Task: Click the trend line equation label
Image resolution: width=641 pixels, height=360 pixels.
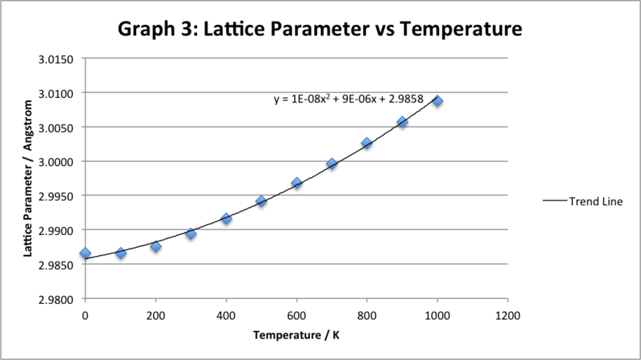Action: pyautogui.click(x=353, y=100)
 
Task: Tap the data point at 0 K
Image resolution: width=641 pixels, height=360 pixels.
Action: pyautogui.click(x=86, y=253)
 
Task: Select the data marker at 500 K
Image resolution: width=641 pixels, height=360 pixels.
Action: pyautogui.click(x=261, y=201)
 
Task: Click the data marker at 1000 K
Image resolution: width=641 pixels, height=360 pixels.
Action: pyautogui.click(x=437, y=102)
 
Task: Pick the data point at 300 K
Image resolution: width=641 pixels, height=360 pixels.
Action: pyautogui.click(x=191, y=234)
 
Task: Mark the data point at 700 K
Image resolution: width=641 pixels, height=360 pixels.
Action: pyautogui.click(x=332, y=164)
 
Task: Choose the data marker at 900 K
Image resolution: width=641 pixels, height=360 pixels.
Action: pyautogui.click(x=402, y=123)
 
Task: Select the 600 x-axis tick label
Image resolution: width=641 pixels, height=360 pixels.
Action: pyautogui.click(x=296, y=315)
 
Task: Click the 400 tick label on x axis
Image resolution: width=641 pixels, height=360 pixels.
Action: pyautogui.click(x=226, y=315)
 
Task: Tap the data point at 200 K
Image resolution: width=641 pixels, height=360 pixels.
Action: pyautogui.click(x=155, y=247)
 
